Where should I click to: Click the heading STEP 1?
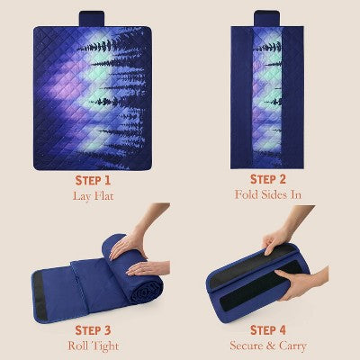click(93, 181)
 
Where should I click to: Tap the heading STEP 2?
click(268, 179)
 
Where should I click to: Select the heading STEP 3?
click(93, 330)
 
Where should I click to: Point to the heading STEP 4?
click(268, 330)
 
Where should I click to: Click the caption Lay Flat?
click(94, 196)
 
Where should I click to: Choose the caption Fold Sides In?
click(268, 194)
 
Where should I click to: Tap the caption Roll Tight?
click(94, 346)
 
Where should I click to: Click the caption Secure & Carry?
click(268, 346)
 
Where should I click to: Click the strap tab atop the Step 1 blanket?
click(92, 19)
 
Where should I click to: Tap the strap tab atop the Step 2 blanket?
click(266, 18)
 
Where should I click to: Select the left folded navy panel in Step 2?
click(241, 97)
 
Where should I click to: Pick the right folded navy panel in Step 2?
click(292, 97)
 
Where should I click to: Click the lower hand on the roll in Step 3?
click(148, 268)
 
